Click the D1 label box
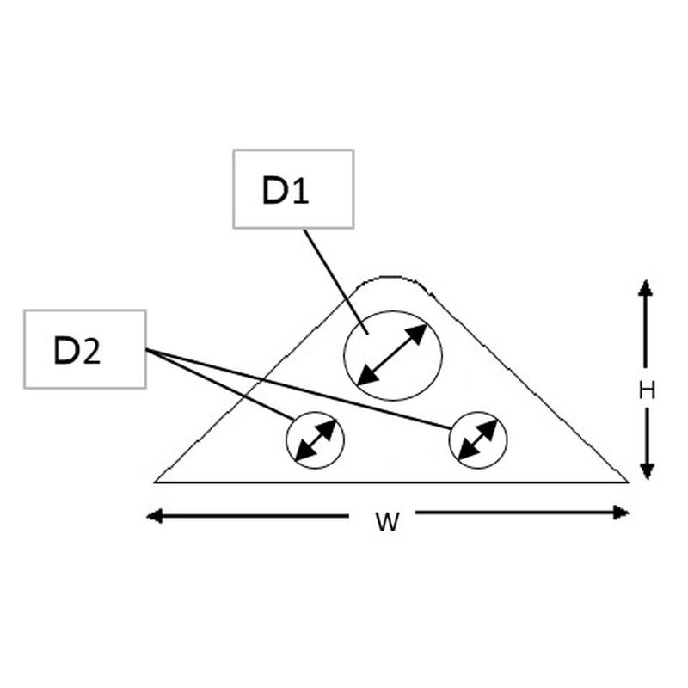coord(293,189)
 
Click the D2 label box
coord(85,348)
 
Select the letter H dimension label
coord(647,390)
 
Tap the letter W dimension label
coord(388,521)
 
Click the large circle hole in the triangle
coord(392,354)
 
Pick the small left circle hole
coord(315,439)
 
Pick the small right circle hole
coord(478,439)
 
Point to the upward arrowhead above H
coord(646,288)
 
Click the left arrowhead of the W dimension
coord(155,516)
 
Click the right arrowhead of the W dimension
coord(621,513)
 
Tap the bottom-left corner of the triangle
coord(157,481)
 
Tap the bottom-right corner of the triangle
coord(625,481)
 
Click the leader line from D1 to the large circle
coord(335,279)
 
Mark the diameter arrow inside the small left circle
coord(315,439)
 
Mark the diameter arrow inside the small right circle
coord(478,439)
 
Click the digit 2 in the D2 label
coord(91,350)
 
